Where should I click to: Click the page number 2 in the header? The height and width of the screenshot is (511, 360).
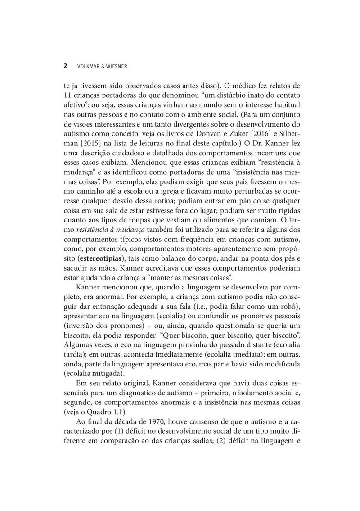point(66,66)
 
